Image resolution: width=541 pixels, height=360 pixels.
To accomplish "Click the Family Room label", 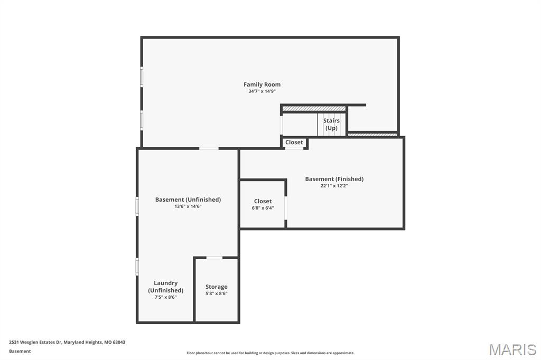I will (262, 84).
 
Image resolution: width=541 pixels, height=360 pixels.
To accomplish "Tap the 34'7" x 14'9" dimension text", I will (262, 91).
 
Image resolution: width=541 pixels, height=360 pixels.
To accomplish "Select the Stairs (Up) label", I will (331, 125).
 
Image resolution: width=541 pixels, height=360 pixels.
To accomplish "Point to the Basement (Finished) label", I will (334, 179).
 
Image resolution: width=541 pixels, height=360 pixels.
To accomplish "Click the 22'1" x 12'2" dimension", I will (334, 186).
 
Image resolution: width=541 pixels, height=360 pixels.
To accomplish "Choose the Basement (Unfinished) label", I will (188, 200).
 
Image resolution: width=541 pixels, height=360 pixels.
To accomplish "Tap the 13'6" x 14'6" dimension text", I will (188, 206).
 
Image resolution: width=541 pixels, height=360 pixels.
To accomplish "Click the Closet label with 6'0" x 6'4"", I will (263, 201).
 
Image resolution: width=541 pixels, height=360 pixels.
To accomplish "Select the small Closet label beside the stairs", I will (294, 143).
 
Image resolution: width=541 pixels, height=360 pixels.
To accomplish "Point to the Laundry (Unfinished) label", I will (166, 287).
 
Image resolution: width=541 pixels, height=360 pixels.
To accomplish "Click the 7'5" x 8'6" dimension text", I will (166, 297).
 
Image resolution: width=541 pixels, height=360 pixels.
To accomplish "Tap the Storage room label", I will (217, 287).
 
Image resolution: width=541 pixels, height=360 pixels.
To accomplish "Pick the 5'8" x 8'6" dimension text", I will (217, 293).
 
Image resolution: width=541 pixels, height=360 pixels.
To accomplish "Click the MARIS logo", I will (512, 349).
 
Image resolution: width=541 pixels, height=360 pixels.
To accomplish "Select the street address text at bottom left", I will (67, 342).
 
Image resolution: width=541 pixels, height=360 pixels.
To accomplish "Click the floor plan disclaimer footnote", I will (270, 353).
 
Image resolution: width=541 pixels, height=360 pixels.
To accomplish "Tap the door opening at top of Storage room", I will (214, 258).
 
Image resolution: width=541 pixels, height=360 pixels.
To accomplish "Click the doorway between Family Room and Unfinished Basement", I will (209, 148).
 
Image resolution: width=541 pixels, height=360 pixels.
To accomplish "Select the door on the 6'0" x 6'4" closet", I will (286, 207).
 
